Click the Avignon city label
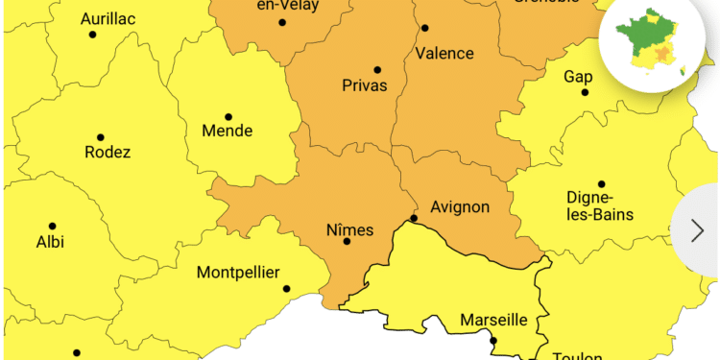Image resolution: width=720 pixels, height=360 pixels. click(460, 206)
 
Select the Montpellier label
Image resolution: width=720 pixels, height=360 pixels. click(243, 273)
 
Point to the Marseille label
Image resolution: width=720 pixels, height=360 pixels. click(493, 320)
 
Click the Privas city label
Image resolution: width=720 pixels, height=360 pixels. click(365, 85)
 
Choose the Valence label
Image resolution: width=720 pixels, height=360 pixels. click(444, 53)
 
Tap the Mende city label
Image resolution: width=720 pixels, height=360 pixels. click(228, 131)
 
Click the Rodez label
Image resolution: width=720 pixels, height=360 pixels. click(108, 152)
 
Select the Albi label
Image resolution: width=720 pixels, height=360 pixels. click(50, 241)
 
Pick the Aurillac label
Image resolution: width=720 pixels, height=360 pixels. click(108, 18)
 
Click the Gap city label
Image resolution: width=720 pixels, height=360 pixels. click(578, 76)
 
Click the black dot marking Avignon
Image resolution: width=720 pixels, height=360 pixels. click(414, 219)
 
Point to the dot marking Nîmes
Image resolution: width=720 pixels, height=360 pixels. click(348, 241)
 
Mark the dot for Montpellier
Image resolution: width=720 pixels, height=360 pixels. click(286, 288)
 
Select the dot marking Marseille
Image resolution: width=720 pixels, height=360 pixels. click(493, 340)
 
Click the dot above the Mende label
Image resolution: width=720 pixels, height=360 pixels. click(228, 117)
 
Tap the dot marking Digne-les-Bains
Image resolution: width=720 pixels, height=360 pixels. click(602, 184)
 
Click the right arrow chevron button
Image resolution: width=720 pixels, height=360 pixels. click(698, 229)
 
